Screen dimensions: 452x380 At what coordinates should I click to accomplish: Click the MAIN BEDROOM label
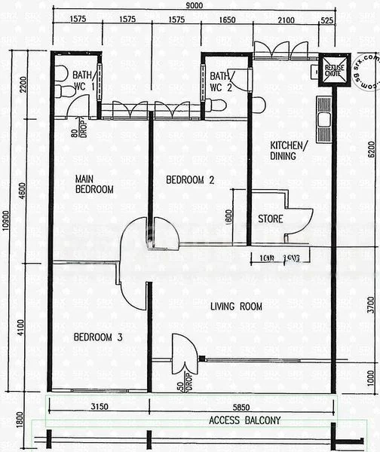point(94,185)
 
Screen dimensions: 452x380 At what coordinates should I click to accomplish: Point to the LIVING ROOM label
point(236,307)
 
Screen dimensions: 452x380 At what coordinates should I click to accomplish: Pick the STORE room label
point(271,219)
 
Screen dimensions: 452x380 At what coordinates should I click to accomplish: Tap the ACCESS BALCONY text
point(245,420)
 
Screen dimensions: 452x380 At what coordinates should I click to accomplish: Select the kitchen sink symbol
point(325,119)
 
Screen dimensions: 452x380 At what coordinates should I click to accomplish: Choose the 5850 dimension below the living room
point(240,408)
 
